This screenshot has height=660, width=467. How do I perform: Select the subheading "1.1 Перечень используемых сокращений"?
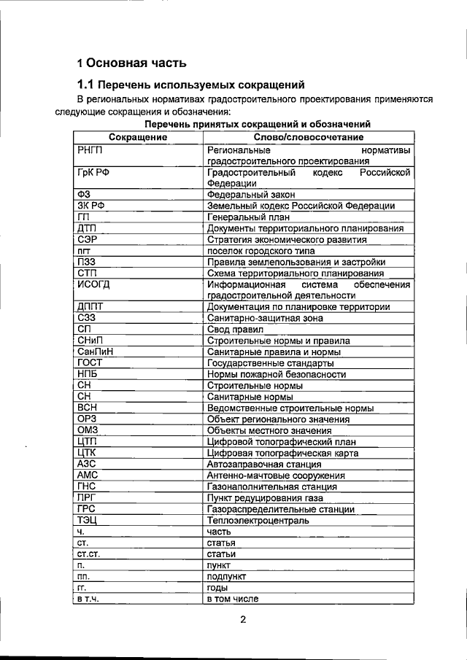pyautogui.click(x=190, y=85)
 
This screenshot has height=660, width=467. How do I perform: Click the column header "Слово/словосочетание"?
pyautogui.click(x=309, y=137)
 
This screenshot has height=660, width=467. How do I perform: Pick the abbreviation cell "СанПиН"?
pyautogui.click(x=94, y=352)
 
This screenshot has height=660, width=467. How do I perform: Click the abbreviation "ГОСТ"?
pyautogui.click(x=90, y=362)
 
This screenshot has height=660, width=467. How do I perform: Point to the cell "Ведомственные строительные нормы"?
pyautogui.click(x=290, y=408)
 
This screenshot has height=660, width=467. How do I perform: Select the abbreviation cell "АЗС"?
pyautogui.click(x=87, y=464)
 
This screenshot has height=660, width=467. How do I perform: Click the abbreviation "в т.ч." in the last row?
pyautogui.click(x=88, y=599)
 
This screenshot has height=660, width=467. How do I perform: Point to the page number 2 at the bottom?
pyautogui.click(x=244, y=620)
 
